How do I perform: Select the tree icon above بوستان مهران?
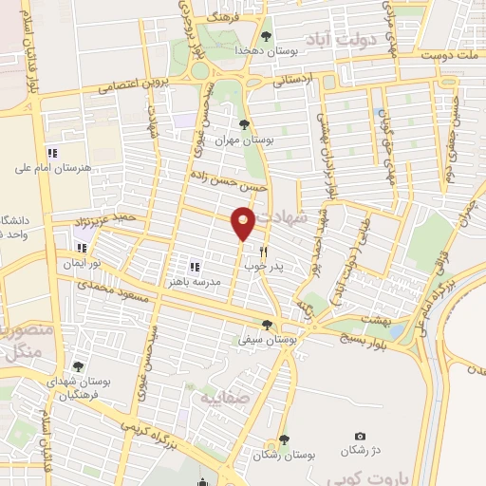tap(245, 124)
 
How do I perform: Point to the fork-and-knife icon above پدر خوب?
tap(265, 252)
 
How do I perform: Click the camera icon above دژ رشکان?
tap(360, 436)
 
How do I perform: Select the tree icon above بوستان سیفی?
tap(270, 324)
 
